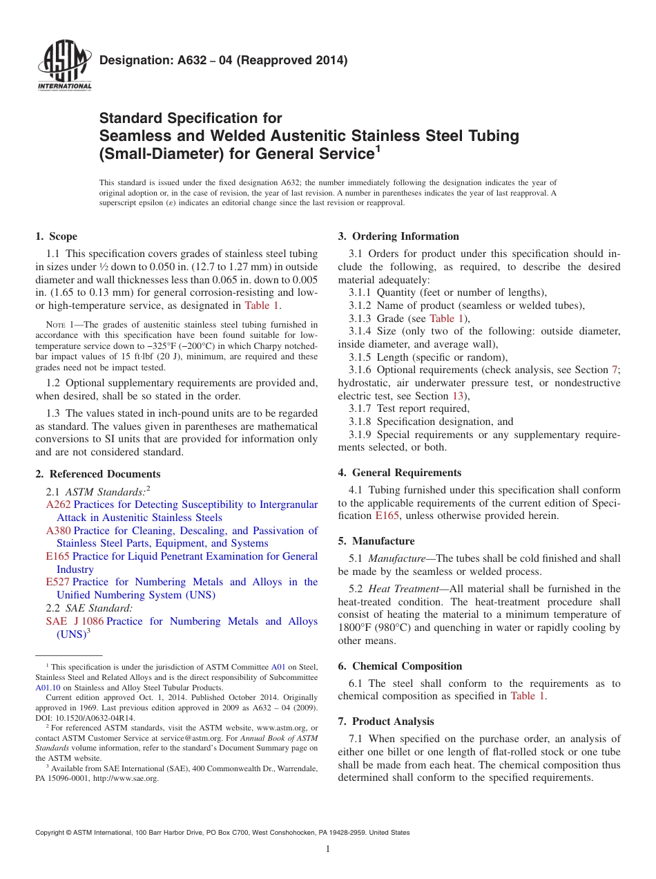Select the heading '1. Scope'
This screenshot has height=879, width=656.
(56, 236)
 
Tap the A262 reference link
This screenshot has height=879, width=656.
(57, 504)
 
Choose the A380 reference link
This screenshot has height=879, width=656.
(58, 531)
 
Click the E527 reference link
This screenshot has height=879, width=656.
(57, 582)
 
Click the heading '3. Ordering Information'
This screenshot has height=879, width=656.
(398, 236)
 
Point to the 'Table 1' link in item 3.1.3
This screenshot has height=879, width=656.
(442, 318)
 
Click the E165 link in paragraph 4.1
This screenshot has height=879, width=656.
(387, 516)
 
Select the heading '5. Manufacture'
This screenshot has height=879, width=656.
(376, 541)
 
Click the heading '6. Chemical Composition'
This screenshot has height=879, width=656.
(400, 666)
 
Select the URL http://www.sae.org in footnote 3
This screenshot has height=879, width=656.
(135, 778)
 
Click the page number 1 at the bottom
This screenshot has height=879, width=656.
(328, 849)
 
